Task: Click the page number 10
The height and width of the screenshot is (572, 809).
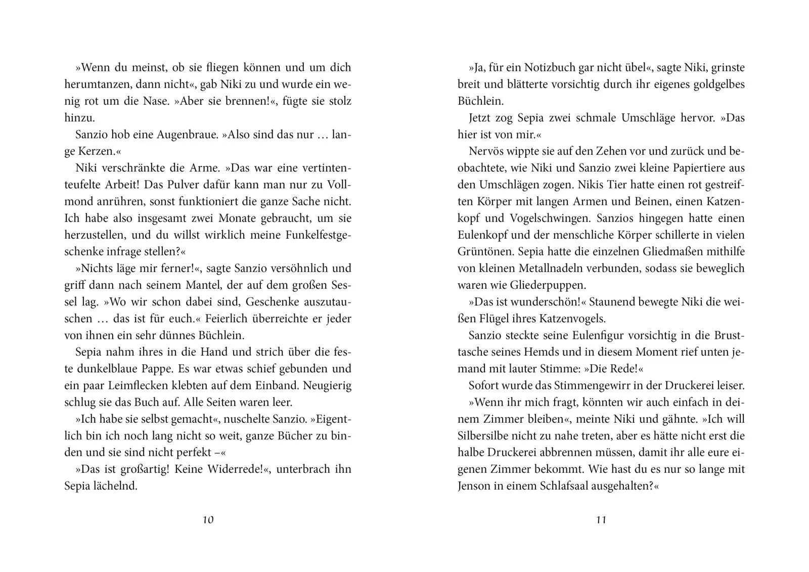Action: click(208, 520)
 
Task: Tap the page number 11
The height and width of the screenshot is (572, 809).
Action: click(601, 520)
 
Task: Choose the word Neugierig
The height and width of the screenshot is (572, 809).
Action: click(327, 385)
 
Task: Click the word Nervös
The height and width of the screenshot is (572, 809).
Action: click(486, 151)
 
